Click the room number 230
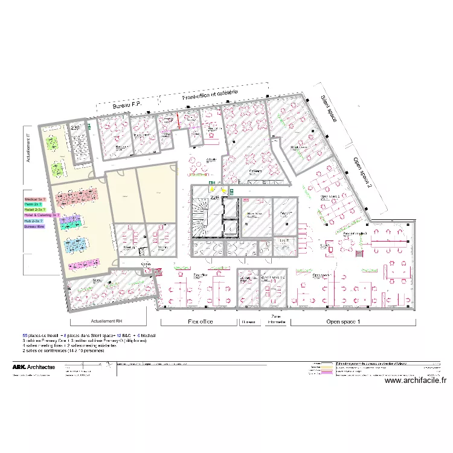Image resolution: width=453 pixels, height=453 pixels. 75,128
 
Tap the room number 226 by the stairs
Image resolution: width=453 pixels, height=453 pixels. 214,196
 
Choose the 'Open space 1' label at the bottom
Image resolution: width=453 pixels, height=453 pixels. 343,322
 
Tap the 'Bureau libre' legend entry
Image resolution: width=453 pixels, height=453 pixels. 35,226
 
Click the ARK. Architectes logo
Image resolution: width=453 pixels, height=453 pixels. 34,367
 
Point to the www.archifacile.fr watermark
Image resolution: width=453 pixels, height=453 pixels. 415,380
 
